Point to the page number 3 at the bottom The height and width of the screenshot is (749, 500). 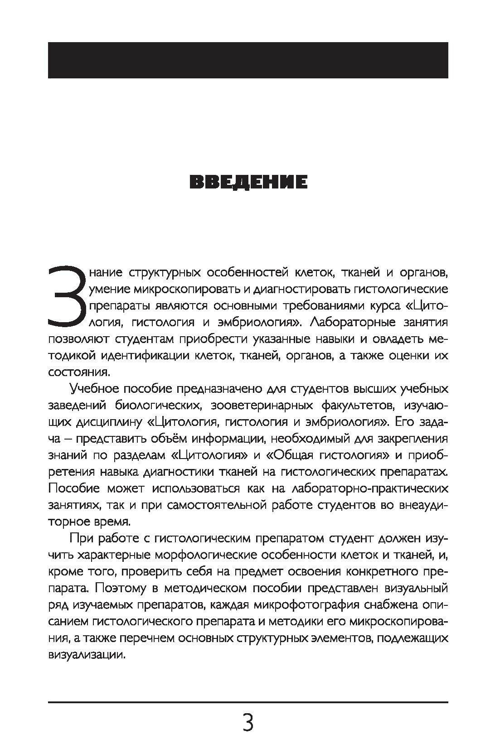pos(248,723)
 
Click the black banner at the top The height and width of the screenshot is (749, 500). pos(248,60)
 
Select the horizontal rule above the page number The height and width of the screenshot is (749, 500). pos(248,702)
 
